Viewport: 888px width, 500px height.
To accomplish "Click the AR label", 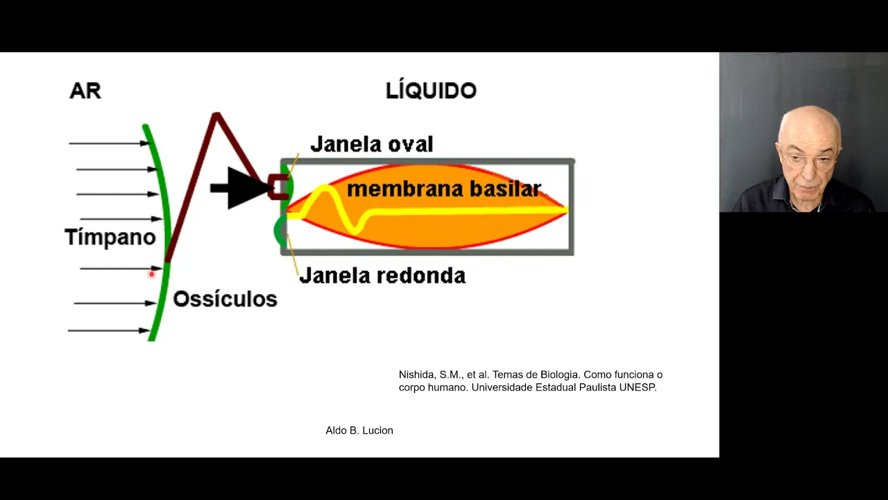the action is click(x=85, y=90).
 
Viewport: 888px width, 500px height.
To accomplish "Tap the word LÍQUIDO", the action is click(x=431, y=90).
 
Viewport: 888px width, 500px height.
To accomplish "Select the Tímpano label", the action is click(x=110, y=237).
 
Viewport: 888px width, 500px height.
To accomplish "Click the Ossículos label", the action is click(x=225, y=299).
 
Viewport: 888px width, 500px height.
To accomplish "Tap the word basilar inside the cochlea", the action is click(x=504, y=189).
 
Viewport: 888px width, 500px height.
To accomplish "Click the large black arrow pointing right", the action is click(x=240, y=187).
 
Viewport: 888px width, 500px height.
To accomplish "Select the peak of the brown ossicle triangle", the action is click(x=216, y=115).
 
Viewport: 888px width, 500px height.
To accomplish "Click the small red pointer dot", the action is click(x=151, y=274).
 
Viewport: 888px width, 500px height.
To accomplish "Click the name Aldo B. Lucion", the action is click(x=359, y=431).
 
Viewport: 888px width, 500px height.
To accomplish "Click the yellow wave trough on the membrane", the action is click(x=357, y=228).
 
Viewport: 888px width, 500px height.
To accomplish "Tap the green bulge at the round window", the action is click(x=280, y=231).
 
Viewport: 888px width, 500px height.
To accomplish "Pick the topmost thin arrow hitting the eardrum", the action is click(x=109, y=144).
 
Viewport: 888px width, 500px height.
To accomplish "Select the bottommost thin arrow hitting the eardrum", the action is click(x=108, y=331).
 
